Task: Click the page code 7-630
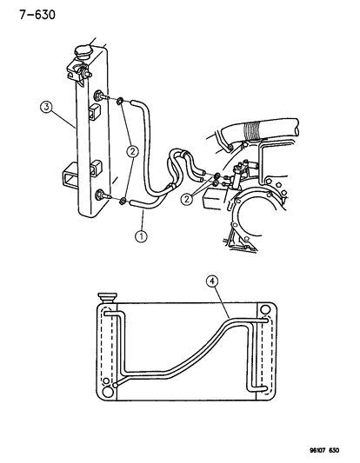37,15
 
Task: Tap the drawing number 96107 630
324,450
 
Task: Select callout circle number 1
141,236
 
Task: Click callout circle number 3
46,107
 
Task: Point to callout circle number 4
212,281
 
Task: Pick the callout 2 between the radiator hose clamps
132,152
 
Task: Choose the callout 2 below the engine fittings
187,199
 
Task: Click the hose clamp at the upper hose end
120,102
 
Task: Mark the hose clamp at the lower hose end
122,202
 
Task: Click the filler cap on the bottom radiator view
107,297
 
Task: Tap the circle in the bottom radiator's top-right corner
265,310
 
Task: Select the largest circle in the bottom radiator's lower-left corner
108,392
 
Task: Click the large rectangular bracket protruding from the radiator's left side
70,177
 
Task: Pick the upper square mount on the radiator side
94,112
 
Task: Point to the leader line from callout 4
222,302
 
